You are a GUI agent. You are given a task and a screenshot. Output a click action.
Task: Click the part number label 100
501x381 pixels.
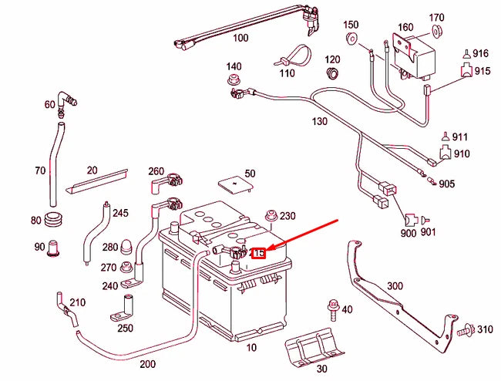[x=240, y=38]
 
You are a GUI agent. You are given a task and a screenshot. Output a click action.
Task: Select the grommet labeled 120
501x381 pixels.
[x=333, y=73]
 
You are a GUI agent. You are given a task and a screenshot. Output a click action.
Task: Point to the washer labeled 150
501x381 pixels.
[x=352, y=39]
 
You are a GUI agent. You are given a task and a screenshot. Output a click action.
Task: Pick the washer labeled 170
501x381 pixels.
[x=436, y=32]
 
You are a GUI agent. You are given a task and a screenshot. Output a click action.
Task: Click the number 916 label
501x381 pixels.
[x=482, y=53]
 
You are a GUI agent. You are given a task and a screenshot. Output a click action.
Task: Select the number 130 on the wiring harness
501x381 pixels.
[x=319, y=122]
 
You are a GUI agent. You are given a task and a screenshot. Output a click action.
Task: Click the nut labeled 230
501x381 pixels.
[x=270, y=215]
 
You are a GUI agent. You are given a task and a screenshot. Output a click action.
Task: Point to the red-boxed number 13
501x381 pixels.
[x=259, y=253]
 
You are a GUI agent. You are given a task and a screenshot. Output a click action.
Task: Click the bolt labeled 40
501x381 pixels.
[x=332, y=309]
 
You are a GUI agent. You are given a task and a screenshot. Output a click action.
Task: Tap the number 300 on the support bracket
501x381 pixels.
[x=395, y=286]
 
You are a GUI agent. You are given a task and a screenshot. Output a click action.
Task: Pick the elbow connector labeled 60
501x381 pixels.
[x=69, y=101]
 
